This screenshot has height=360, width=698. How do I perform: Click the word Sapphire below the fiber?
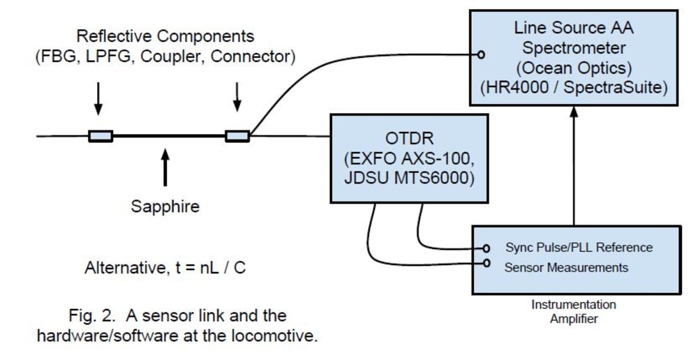point(165,207)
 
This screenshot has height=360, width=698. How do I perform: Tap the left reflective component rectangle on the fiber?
point(101,136)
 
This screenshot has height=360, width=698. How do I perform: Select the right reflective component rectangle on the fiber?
point(237,136)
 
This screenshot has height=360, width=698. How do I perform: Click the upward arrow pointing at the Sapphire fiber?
point(165,167)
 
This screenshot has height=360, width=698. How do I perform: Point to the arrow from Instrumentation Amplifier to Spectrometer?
point(574,165)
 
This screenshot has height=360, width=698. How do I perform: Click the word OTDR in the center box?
point(409,138)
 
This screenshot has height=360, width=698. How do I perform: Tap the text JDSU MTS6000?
point(409,177)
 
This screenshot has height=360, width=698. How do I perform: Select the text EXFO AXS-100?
point(409,158)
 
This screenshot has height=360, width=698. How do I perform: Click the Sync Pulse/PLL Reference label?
point(579,248)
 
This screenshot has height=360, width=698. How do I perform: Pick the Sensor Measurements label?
point(566,267)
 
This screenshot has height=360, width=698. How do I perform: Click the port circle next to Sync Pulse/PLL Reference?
point(487,248)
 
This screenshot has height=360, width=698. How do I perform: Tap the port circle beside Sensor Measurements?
point(487,263)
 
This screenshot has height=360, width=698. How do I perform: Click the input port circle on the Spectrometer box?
point(481,54)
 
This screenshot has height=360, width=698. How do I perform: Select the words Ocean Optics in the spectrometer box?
point(574,68)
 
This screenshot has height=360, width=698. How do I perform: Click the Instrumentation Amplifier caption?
point(574,311)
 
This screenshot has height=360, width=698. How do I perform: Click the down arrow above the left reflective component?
point(98,98)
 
